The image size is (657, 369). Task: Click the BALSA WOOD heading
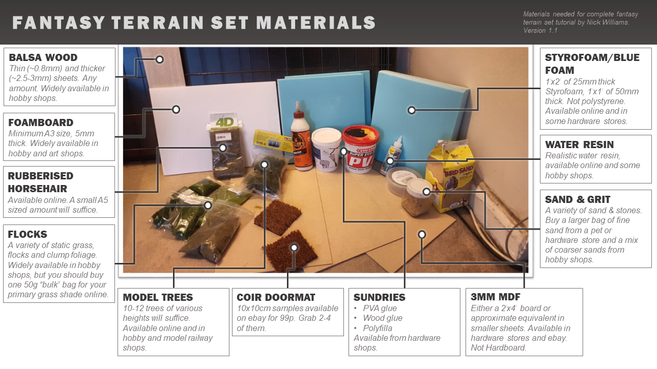tap(43, 57)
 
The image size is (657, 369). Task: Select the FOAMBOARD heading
tap(41, 122)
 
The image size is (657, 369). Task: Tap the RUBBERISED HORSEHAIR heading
tap(41, 182)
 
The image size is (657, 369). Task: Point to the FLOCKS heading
tap(27, 234)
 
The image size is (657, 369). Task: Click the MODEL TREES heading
tap(158, 297)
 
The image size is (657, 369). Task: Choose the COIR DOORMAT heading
tap(276, 297)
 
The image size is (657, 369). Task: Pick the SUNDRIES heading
tap(379, 297)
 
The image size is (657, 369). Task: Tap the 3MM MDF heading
tap(495, 297)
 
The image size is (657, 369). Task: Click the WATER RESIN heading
tap(579, 145)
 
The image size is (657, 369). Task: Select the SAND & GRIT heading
tap(577, 199)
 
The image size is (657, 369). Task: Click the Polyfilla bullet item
tap(377, 328)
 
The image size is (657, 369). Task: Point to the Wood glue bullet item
tap(383, 318)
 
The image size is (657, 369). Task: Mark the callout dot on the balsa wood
tap(160, 59)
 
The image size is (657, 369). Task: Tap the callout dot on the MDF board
tap(422, 235)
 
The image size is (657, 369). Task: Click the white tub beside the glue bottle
tap(325, 149)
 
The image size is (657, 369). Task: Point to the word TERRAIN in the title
tap(158, 23)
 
